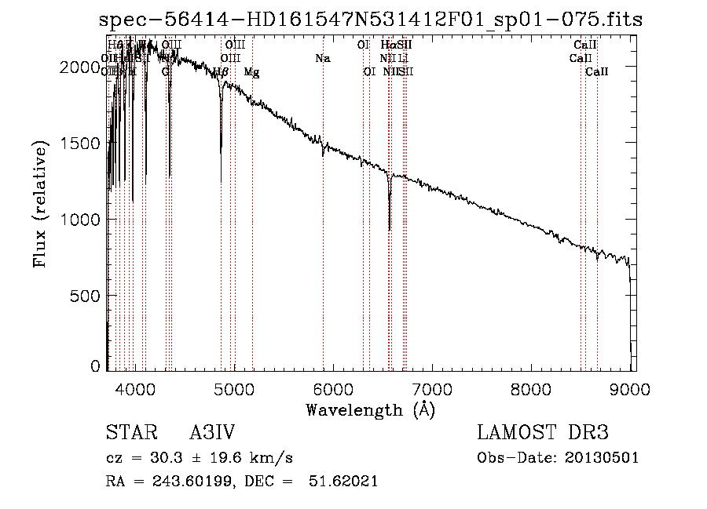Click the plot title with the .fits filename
[x=371, y=20]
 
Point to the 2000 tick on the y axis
[x=79, y=68]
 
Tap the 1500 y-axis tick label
[x=79, y=144]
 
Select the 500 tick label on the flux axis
[x=85, y=296]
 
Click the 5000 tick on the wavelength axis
[x=233, y=387]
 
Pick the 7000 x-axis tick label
[x=432, y=387]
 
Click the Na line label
[x=322, y=58]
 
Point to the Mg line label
[x=251, y=71]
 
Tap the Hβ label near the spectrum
[x=221, y=71]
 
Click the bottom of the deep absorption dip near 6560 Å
[x=390, y=230]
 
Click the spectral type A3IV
[x=213, y=433]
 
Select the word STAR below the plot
[x=130, y=433]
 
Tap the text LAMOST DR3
[x=543, y=433]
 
